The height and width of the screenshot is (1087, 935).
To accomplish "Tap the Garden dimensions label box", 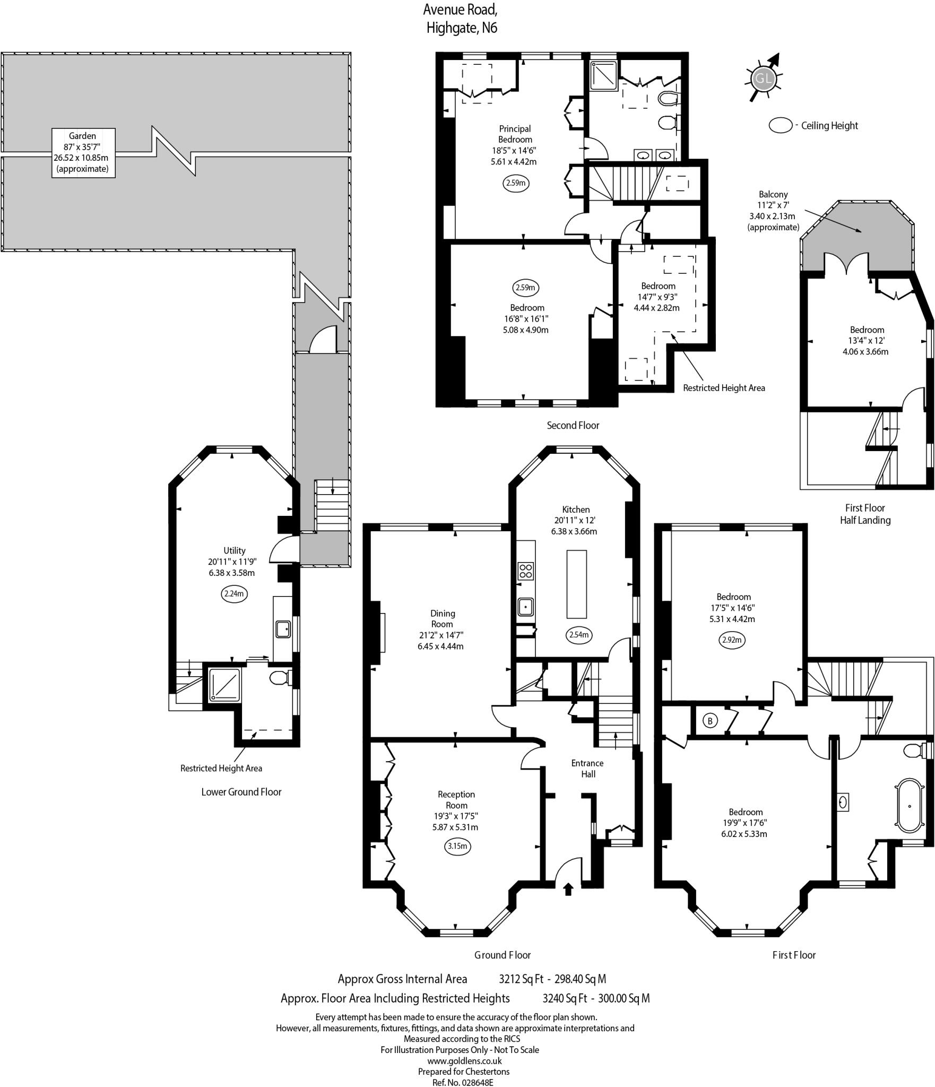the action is [83, 152].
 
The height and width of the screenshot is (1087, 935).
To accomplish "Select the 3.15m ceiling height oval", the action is [456, 846].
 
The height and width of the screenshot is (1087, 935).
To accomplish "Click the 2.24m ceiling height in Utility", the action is [234, 593].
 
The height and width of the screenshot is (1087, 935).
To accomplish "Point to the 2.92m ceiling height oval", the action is [732, 640].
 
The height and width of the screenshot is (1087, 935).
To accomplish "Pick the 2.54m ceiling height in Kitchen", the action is [578, 635].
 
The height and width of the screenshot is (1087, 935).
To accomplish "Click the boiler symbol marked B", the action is [710, 721].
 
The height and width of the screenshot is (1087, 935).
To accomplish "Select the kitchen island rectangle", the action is [577, 584].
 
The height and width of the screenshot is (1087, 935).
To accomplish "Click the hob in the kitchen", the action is [526, 571].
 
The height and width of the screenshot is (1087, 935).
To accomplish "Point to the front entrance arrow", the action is [568, 889].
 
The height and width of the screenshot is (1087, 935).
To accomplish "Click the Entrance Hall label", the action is [587, 769].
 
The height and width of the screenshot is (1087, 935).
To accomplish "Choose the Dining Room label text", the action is [443, 618].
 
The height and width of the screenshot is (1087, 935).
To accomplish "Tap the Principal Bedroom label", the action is [515, 134].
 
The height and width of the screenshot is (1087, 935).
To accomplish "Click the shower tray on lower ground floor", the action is [224, 685].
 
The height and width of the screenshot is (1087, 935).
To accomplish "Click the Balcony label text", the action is [773, 194].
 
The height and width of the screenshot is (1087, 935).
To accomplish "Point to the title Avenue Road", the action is [461, 10].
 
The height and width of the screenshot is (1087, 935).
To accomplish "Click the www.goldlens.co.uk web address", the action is [464, 1061].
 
